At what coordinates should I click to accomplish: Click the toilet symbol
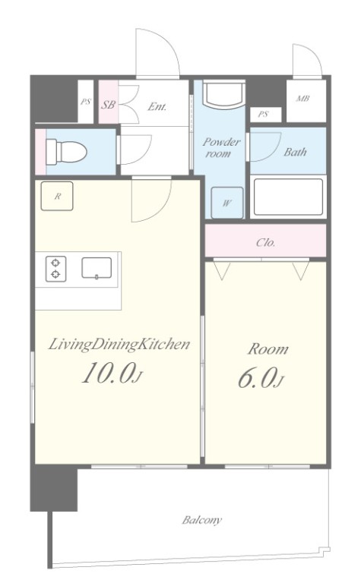[x=66, y=152]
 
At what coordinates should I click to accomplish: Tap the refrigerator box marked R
[x=57, y=196]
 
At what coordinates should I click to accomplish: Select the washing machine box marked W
[x=227, y=203]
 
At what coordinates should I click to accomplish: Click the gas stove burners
[x=55, y=269]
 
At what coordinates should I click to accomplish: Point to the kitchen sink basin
[x=97, y=268]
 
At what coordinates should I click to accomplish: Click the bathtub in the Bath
[x=288, y=197]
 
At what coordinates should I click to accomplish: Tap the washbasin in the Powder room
[x=223, y=94]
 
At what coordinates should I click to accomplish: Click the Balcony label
[x=201, y=520]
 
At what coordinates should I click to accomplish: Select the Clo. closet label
[x=266, y=243]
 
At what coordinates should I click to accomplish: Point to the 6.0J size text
[x=261, y=378]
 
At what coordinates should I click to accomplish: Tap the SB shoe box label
[x=108, y=105]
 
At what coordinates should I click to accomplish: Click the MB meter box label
[x=303, y=99]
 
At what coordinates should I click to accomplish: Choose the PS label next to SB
[x=86, y=102]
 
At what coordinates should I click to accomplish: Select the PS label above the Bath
[x=263, y=114]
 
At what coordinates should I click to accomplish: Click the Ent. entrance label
[x=157, y=107]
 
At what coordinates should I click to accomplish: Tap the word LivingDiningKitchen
[x=119, y=345]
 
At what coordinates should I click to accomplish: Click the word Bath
[x=295, y=152]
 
